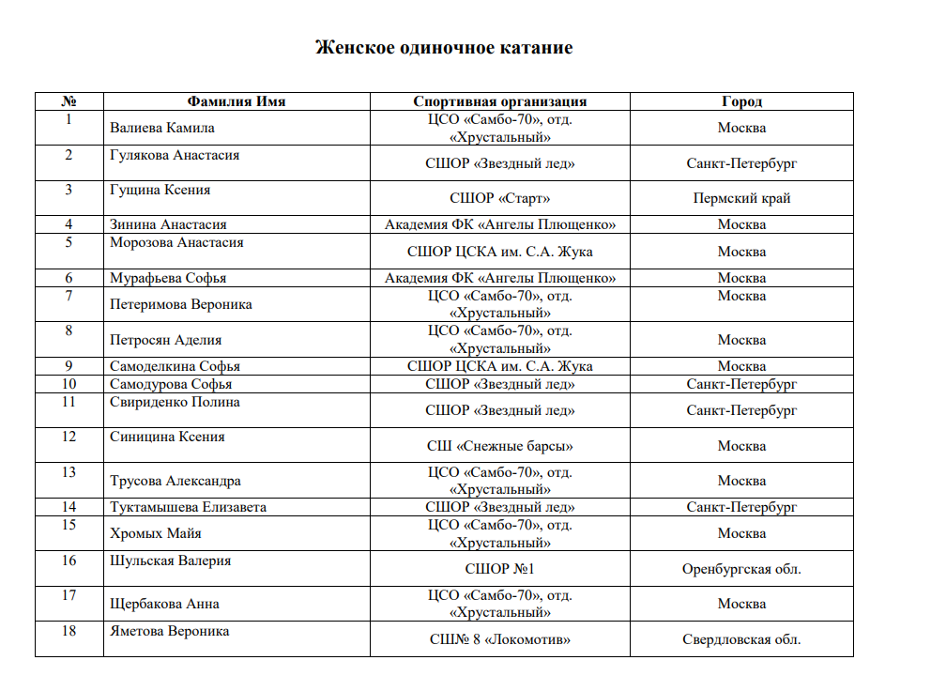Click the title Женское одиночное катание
[444, 48]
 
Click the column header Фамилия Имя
[237, 101]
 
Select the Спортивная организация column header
[500, 101]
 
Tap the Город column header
[741, 101]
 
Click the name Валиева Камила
[162, 128]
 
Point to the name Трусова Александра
[176, 481]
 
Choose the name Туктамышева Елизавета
[189, 507]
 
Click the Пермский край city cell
[741, 198]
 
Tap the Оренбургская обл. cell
[741, 569]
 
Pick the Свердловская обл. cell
[741, 639]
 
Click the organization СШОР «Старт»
[500, 198]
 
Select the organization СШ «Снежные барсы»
[500, 446]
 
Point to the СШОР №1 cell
[500, 569]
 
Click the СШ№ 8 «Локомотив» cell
[500, 639]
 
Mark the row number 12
[69, 437]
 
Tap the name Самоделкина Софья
[176, 366]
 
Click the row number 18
[69, 631]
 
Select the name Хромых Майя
[156, 533]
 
